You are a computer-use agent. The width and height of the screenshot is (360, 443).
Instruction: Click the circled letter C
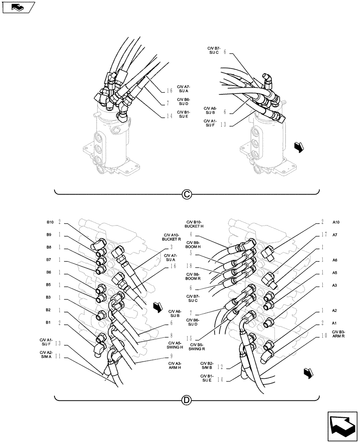[x=187, y=194]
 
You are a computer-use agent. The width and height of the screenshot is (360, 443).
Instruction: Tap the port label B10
[x=50, y=222]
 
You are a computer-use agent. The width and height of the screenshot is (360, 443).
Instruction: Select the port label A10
[x=336, y=222]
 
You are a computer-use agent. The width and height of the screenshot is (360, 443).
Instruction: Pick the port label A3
[x=335, y=286]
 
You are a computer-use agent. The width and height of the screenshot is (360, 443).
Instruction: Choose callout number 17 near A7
[x=325, y=235]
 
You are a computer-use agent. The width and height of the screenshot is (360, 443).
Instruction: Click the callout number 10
[x=325, y=335]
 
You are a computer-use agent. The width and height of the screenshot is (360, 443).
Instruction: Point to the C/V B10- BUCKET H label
[x=194, y=224]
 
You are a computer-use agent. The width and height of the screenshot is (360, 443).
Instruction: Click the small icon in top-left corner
[x=17, y=7]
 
